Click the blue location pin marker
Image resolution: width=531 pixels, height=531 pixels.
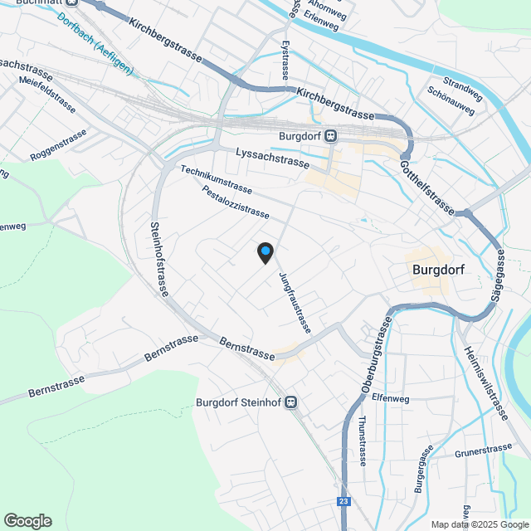(265, 252)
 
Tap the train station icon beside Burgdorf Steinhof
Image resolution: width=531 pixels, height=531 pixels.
(290, 402)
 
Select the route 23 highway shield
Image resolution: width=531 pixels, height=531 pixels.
(343, 502)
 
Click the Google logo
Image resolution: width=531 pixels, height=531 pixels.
(27, 521)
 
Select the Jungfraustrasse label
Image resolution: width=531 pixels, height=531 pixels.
(295, 303)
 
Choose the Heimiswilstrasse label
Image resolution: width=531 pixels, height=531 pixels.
(484, 383)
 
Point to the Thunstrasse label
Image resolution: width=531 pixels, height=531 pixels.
(363, 441)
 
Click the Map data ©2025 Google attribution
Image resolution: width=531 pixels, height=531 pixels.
(479, 524)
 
